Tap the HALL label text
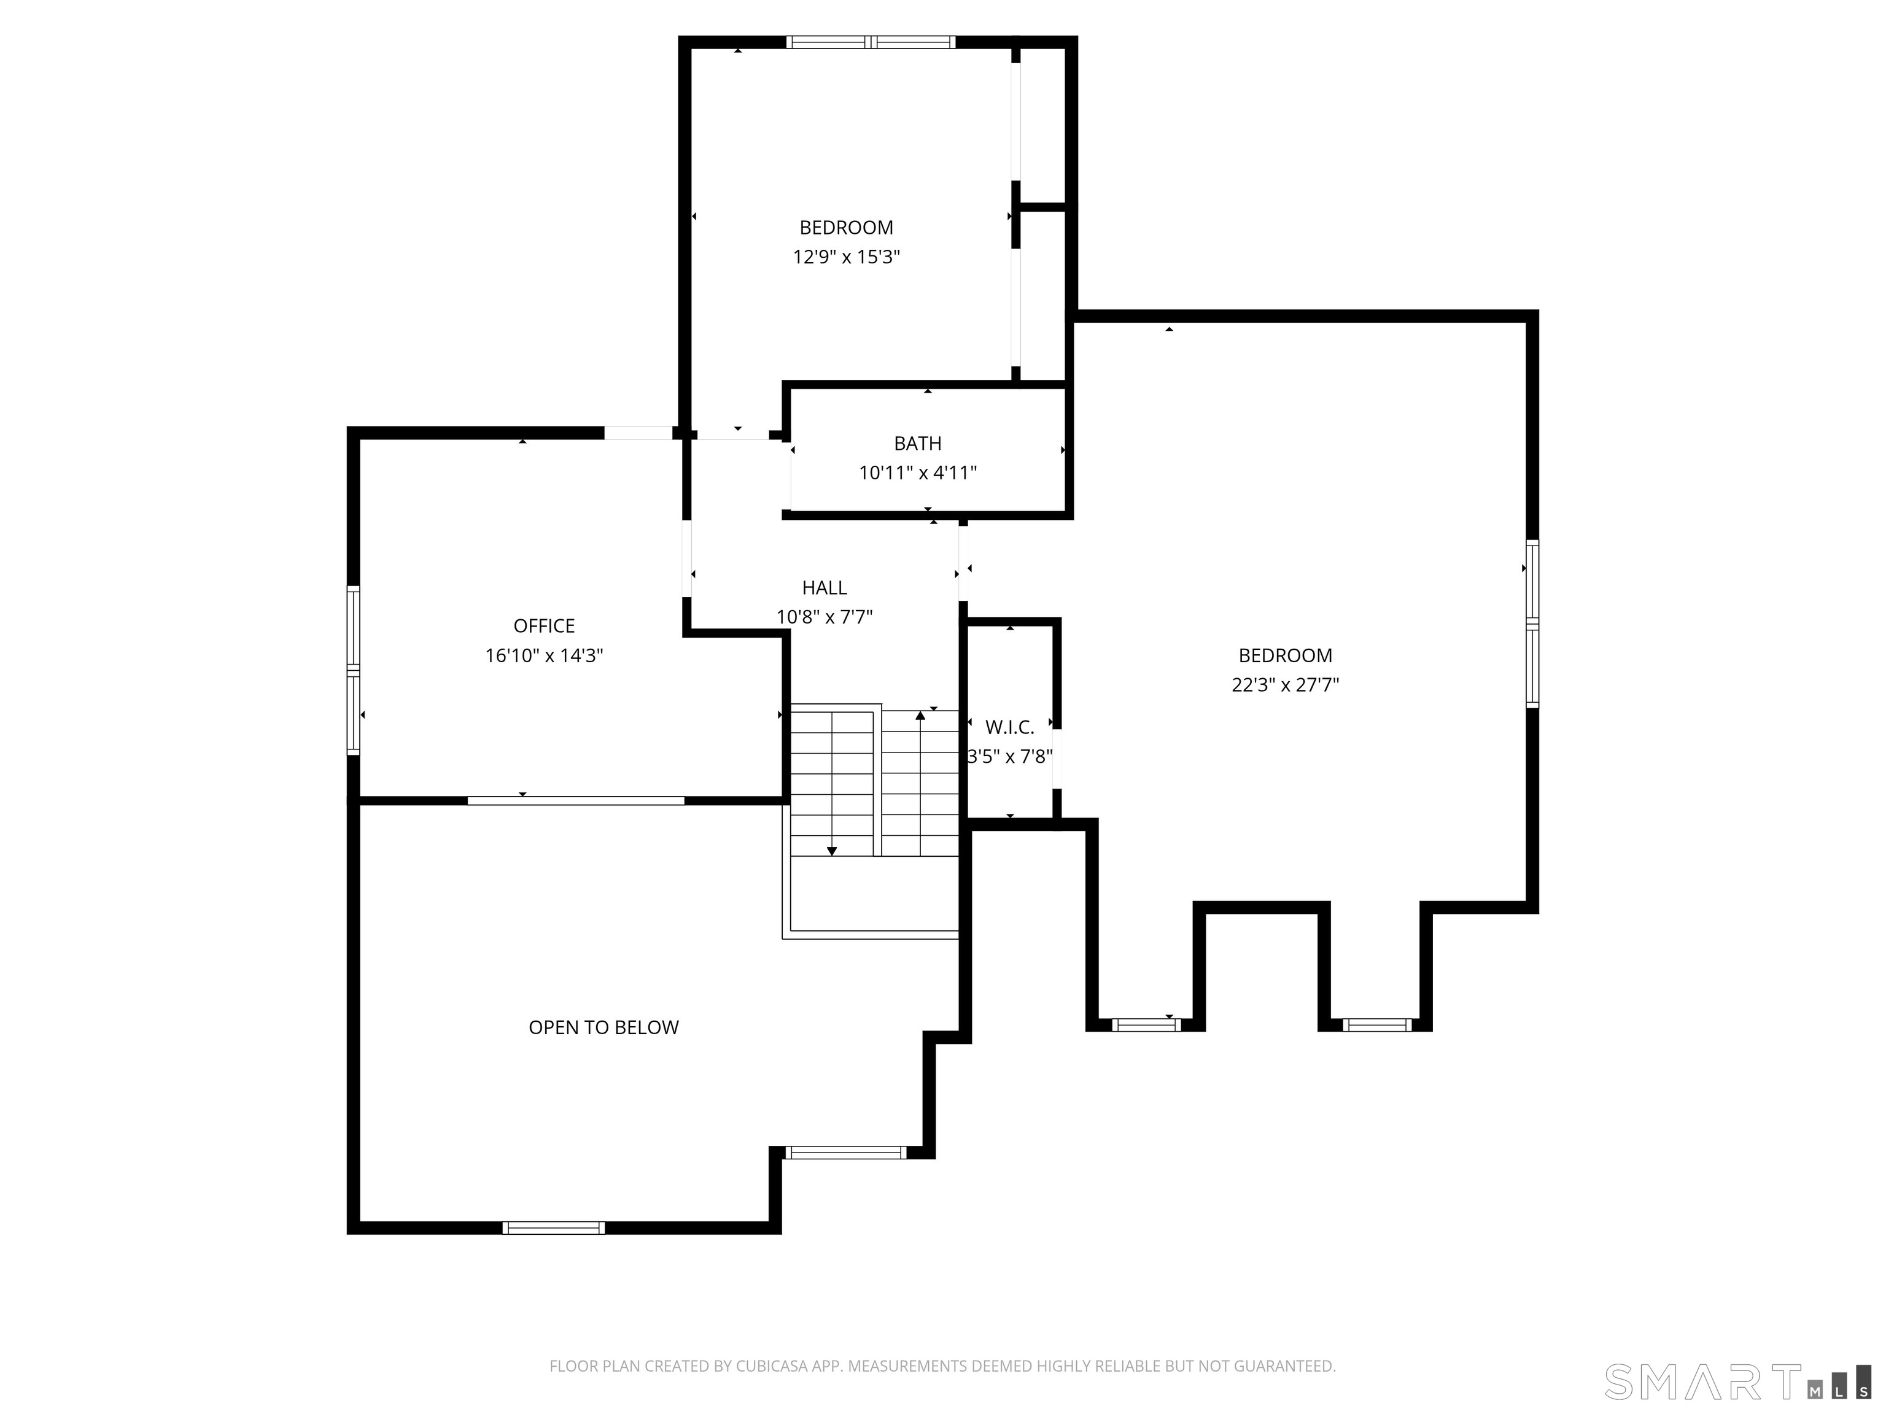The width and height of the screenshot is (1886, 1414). (825, 588)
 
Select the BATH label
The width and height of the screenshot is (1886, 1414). (917, 443)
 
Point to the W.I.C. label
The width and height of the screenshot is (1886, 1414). (1009, 727)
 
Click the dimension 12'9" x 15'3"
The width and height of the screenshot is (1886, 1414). (847, 257)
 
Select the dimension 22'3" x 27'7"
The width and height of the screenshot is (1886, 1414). (1286, 684)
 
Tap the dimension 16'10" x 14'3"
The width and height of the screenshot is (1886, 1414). (544, 655)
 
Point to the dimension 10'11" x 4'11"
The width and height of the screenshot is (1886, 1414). (917, 472)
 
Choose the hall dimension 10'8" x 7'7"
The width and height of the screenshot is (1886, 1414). (825, 616)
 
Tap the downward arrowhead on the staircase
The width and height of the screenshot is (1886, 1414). (832, 851)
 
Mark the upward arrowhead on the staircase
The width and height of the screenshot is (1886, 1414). (920, 715)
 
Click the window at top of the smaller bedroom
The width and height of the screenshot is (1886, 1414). (871, 42)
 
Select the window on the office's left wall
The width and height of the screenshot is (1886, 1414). (353, 670)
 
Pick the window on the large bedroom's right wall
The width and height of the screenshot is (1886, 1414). (1532, 624)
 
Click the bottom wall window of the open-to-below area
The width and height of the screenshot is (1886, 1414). (553, 1228)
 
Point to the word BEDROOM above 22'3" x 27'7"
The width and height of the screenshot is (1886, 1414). (1286, 655)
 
